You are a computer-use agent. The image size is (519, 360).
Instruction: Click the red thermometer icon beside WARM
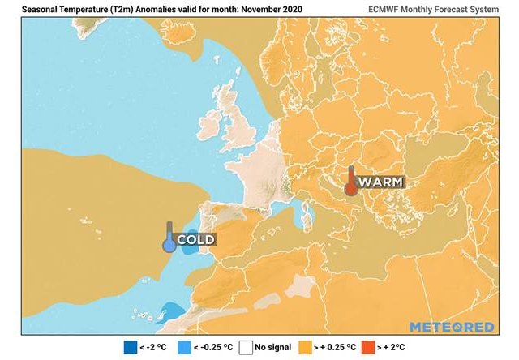350,182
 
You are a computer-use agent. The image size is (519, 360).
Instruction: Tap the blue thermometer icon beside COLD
169,238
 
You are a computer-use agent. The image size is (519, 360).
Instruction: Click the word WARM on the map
380,182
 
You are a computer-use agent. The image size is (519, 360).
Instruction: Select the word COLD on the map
195,240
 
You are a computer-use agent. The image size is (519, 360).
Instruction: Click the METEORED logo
451,327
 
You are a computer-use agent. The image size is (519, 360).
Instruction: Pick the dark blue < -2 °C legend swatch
130,348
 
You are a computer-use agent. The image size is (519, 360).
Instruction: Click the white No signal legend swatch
247,348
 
